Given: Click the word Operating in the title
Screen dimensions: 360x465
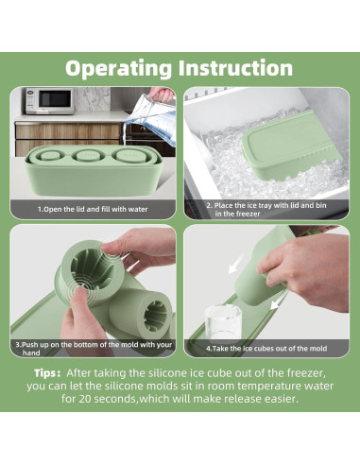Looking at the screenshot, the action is (x=119, y=68).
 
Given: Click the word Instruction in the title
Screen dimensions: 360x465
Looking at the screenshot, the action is (x=236, y=67).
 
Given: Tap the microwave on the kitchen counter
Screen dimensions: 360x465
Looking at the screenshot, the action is (x=50, y=101).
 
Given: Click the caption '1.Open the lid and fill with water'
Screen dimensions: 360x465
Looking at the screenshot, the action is (x=93, y=209).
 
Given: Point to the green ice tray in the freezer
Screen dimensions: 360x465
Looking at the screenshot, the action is (x=290, y=147).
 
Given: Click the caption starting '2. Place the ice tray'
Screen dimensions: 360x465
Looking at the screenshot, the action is (x=266, y=210).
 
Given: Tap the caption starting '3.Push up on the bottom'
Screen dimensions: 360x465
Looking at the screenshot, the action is (x=94, y=349).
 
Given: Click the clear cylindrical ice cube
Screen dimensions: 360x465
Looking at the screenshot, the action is (x=223, y=321).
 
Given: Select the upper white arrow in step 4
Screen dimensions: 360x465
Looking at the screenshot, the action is (x=235, y=264).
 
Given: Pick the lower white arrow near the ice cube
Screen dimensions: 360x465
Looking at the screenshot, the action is (x=277, y=301).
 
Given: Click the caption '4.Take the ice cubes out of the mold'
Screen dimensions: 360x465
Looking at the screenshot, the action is (x=266, y=349).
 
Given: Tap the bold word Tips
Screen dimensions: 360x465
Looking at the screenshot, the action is (x=47, y=373).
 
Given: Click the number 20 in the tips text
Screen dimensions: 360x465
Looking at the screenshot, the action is (x=85, y=399).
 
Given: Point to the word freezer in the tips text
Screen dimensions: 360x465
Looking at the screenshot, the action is (x=306, y=373).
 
